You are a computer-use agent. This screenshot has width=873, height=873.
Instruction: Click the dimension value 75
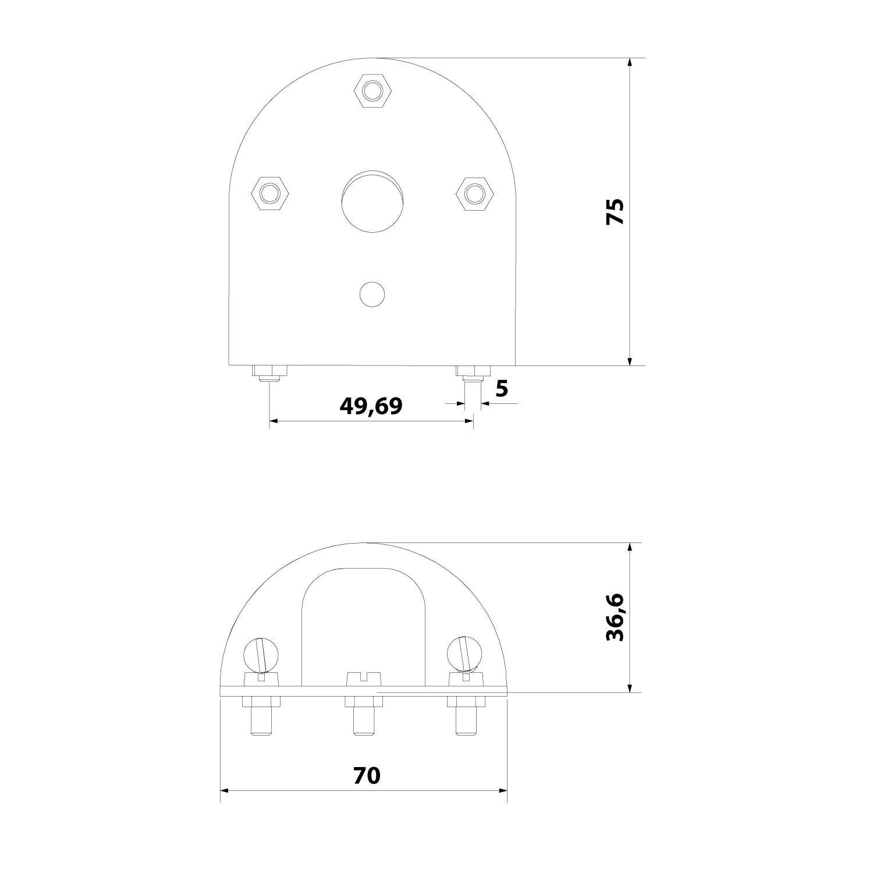click(615, 212)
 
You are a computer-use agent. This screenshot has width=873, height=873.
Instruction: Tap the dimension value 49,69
click(371, 406)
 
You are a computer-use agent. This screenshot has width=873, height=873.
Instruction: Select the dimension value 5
click(502, 388)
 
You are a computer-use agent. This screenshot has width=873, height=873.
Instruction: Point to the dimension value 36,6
click(615, 618)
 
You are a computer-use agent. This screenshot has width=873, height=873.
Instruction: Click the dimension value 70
click(367, 775)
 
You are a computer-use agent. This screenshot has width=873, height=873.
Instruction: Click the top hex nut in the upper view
click(372, 90)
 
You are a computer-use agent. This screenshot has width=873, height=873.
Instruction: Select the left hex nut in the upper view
click(269, 192)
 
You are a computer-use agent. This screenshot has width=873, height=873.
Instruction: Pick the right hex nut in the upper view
click(474, 192)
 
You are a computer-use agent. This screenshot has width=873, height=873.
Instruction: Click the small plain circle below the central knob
click(372, 294)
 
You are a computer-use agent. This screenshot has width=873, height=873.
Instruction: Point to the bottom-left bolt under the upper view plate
click(269, 373)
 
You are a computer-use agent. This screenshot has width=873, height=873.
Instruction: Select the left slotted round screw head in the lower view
click(261, 655)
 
